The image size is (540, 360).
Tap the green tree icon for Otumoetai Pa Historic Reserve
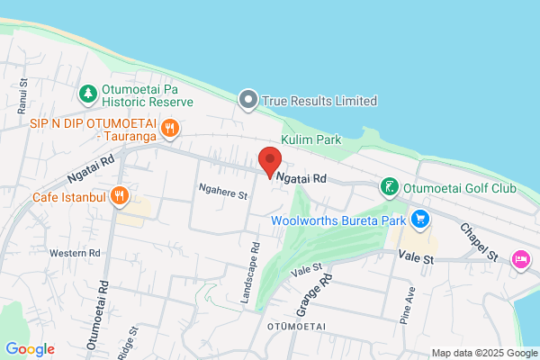[x=87, y=93]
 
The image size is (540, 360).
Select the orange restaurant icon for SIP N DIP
[x=169, y=128]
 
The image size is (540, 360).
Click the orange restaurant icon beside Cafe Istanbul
[x=120, y=196]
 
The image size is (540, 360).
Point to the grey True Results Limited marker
[x=248, y=101]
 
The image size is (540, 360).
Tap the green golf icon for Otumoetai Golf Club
[x=389, y=188]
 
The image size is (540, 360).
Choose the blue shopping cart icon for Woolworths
[x=418, y=219]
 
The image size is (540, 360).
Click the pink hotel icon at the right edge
[x=521, y=259]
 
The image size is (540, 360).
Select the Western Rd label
[x=75, y=253]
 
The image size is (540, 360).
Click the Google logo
[x=30, y=349]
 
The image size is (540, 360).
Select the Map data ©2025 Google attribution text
[x=483, y=352]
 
